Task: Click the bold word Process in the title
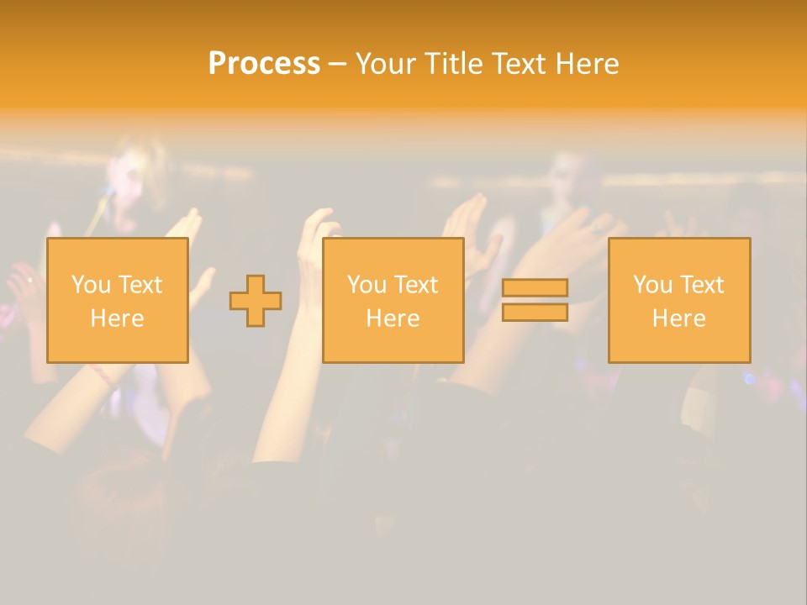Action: coord(264,64)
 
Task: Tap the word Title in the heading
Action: coord(455,64)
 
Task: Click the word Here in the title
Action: coord(588,64)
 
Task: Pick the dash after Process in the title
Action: coord(337,65)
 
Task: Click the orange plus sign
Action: coord(256,301)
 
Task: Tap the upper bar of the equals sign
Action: coord(535,287)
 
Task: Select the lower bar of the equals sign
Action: coord(535,313)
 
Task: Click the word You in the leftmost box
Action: coord(90,285)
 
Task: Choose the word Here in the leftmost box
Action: coord(117,318)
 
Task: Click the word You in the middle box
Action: coord(367,285)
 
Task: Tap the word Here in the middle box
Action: coord(393,318)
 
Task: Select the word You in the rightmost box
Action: coord(652,285)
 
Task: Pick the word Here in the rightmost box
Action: coord(679,318)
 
